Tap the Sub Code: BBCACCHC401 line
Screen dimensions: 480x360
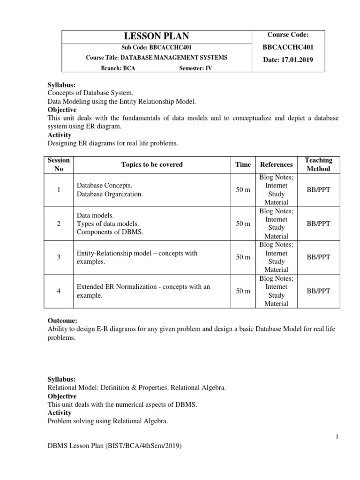tap(157, 48)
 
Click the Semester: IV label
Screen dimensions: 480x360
tap(195, 67)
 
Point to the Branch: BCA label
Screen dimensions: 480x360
tap(120, 67)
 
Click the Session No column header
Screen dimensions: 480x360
tap(59, 165)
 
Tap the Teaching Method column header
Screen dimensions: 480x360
tap(318, 165)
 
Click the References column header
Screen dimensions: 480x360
tap(276, 165)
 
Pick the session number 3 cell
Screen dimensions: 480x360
tap(59, 257)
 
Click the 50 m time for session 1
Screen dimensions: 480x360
tap(243, 190)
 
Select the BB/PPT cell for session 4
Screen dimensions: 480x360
tap(318, 291)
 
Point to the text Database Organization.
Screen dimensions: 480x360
tap(110, 194)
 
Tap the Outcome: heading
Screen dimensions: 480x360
tap(63, 320)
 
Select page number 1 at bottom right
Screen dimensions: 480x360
tap(337, 437)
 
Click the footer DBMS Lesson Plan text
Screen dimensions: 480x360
tap(114, 446)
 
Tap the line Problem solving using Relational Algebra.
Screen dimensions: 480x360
tap(108, 421)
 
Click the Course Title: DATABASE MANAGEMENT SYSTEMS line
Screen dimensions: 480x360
tap(157, 58)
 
